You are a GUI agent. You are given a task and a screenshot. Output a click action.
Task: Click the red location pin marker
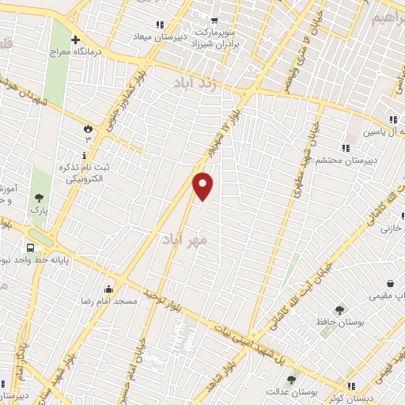[x=204, y=186]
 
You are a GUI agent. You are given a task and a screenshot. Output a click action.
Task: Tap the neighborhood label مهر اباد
[x=184, y=238]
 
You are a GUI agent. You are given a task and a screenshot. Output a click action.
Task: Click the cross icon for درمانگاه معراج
[x=75, y=40]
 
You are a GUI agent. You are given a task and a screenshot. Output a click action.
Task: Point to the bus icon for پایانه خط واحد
[x=30, y=247]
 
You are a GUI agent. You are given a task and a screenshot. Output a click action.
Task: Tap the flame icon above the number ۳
[x=88, y=127]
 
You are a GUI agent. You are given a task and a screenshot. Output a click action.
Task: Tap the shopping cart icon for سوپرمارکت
[x=214, y=21]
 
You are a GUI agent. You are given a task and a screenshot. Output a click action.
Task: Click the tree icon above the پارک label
[x=38, y=198]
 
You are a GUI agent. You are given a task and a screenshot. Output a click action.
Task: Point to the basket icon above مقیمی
[x=390, y=284]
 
